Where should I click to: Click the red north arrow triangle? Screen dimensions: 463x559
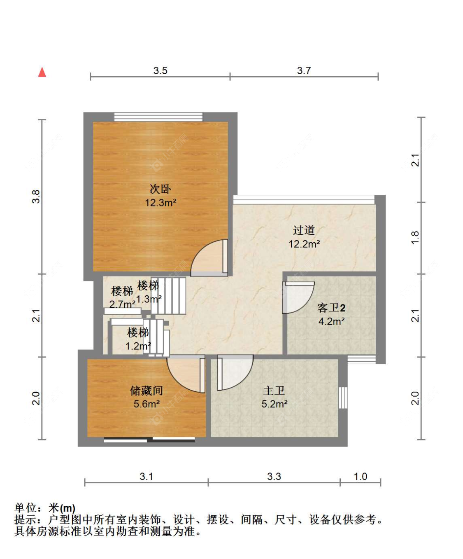[42, 73]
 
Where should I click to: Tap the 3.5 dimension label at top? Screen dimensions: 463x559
[160, 71]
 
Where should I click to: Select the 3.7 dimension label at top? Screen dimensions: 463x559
[304, 71]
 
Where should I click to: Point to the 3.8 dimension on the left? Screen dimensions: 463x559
[36, 197]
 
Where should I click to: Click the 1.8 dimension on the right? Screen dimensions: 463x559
[415, 237]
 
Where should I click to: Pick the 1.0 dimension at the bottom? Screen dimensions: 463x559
[360, 477]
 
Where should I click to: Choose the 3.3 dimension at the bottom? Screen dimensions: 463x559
[274, 477]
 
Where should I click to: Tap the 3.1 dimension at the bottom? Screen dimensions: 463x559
[147, 477]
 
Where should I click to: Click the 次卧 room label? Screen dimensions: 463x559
[160, 189]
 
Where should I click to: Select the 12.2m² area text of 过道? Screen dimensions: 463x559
[304, 244]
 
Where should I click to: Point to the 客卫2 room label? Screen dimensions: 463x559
[331, 308]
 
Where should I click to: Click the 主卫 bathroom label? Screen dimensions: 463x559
[274, 391]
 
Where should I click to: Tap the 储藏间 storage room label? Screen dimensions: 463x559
[147, 391]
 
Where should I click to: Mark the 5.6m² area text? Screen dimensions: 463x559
[147, 404]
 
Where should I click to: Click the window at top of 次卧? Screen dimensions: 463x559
[158, 117]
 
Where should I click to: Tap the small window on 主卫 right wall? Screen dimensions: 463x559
[343, 398]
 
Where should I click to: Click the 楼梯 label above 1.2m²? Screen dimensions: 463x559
[138, 333]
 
